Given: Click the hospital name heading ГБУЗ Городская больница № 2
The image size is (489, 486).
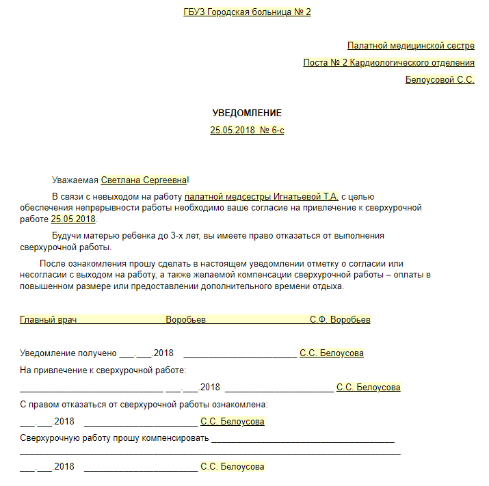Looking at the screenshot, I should click(247, 12).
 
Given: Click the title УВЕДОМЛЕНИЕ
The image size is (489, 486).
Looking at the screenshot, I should click(247, 113).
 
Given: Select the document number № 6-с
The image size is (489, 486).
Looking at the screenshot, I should click(272, 130).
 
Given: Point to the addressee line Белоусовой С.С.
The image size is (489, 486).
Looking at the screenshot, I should click(440, 80).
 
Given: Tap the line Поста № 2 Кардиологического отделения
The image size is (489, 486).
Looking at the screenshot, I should click(388, 63).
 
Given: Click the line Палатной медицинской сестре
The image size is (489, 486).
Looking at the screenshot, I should click(410, 46).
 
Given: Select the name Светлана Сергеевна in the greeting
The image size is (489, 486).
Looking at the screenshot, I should click(144, 180).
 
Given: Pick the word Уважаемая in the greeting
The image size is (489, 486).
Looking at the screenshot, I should click(75, 180).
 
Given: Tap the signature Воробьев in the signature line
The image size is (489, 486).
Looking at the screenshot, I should click(185, 319).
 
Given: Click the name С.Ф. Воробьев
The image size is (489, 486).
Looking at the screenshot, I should click(340, 319).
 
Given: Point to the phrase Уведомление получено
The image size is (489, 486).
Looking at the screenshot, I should click(68, 353).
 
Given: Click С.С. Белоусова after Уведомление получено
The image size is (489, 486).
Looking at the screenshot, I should click(332, 353).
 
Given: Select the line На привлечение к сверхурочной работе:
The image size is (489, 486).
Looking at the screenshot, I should click(103, 370).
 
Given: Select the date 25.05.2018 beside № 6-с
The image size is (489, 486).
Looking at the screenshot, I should click(232, 130).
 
